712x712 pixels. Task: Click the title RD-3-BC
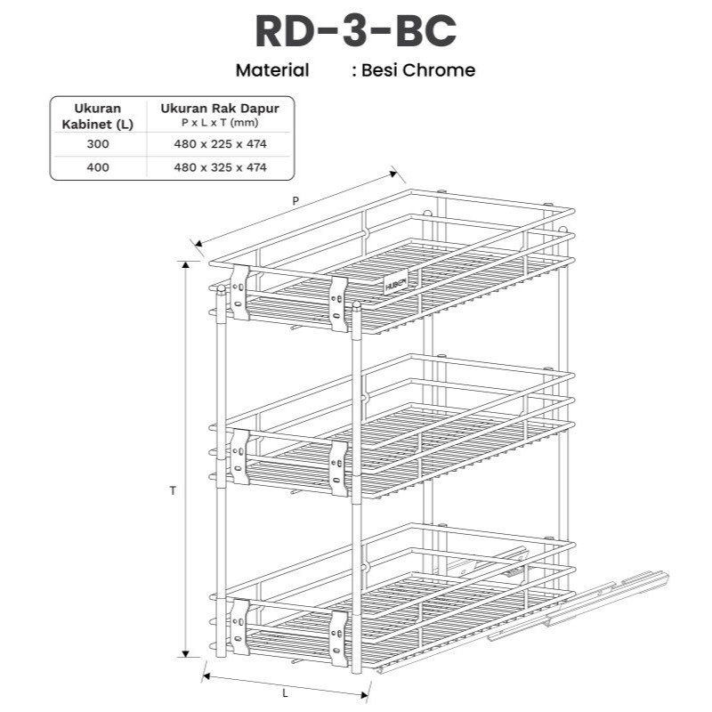point(355,31)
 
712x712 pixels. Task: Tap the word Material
point(272,70)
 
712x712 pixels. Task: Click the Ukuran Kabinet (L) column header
point(97,117)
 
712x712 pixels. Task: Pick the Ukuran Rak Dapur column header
point(220,108)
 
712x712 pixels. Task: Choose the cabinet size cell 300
point(97,144)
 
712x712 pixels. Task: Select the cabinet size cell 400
point(97,167)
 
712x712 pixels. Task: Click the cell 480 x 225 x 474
point(220,144)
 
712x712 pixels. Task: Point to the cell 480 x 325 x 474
point(220,167)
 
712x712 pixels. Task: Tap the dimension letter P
point(295,201)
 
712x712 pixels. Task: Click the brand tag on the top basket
point(396,283)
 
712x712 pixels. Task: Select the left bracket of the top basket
point(239,290)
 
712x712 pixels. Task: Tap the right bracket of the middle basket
point(338,466)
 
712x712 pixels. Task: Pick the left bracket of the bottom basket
point(239,626)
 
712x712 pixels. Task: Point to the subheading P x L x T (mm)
point(220,122)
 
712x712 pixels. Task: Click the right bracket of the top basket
point(338,303)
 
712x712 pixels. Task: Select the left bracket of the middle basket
point(239,454)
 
